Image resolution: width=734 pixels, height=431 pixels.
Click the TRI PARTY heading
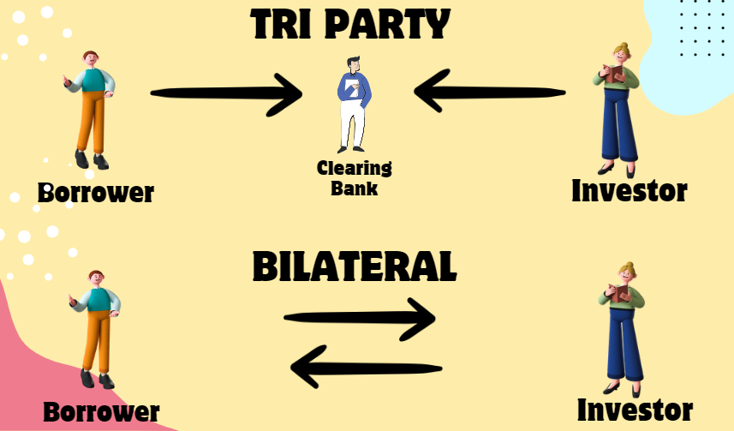[x=350, y=26]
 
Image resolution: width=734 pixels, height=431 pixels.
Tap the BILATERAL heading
[x=354, y=266]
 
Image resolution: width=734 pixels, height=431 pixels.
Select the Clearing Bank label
[x=354, y=177]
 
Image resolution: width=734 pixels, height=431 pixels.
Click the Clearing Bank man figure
[x=353, y=103]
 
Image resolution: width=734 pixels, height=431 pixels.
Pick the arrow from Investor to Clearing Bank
[x=489, y=91]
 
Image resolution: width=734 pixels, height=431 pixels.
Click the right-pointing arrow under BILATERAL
[x=360, y=320]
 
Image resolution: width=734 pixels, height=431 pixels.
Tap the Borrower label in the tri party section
[x=95, y=193]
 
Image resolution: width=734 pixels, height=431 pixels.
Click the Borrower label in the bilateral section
[x=101, y=412]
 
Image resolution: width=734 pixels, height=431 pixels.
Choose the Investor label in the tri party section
[x=629, y=190]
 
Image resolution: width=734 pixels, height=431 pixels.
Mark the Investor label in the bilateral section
[x=634, y=410]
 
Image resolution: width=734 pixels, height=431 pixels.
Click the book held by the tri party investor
[x=612, y=75]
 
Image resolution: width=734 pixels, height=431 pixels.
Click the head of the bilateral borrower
[x=97, y=279]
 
